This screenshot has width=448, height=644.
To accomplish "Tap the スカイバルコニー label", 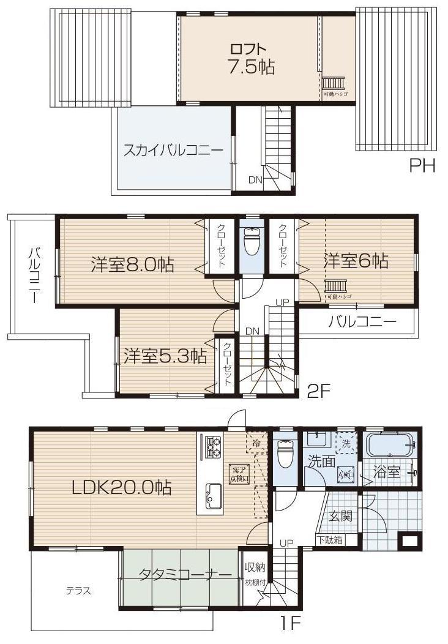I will tap(173, 150).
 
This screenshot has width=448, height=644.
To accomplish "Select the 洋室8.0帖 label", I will tap(132, 264).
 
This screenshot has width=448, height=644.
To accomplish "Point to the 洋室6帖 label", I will tap(356, 261).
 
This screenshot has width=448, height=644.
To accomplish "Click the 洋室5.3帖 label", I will tap(165, 356).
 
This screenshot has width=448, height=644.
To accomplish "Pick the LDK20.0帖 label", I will tap(121, 487).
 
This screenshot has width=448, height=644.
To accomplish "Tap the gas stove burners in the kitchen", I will tap(212, 448).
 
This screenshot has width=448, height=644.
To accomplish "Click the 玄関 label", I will tap(340, 515).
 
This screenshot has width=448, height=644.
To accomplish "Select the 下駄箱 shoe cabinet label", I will tap(330, 540).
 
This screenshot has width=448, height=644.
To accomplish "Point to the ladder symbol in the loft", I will tap(335, 83).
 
